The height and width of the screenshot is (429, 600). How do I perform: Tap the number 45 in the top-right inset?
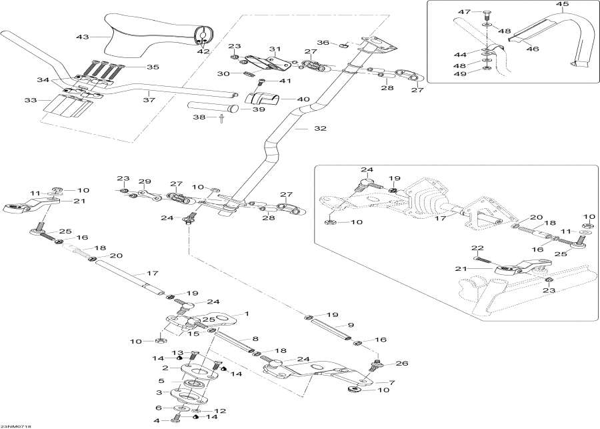pyautogui.click(x=563, y=5)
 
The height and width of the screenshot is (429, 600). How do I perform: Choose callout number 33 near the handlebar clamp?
pyautogui.click(x=29, y=101)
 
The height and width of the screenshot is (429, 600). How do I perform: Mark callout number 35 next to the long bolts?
pyautogui.click(x=153, y=67)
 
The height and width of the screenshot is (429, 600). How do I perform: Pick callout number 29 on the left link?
pyautogui.click(x=145, y=182)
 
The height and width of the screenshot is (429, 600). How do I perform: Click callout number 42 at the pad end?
pyautogui.click(x=202, y=51)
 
